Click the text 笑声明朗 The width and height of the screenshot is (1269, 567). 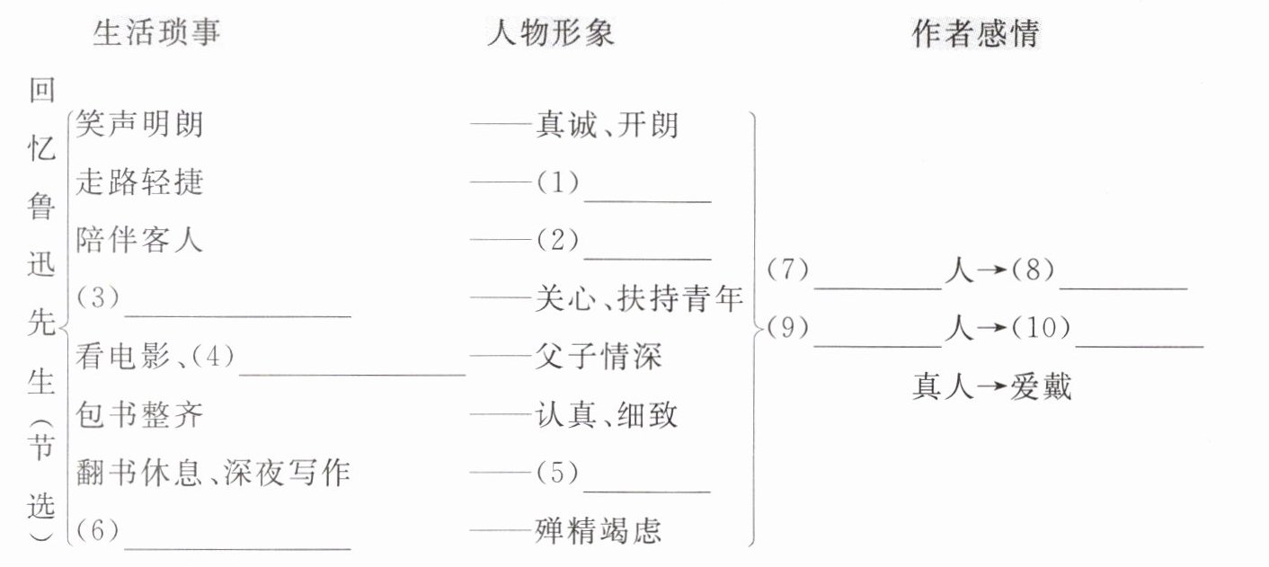pyautogui.click(x=139, y=124)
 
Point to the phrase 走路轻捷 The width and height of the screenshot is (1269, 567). pyautogui.click(x=139, y=182)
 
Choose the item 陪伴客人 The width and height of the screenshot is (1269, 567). pyautogui.click(x=139, y=240)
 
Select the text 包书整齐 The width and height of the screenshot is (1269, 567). pyautogui.click(x=139, y=414)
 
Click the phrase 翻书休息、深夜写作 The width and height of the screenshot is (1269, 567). pyautogui.click(x=212, y=473)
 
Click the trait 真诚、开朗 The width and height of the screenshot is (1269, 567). pyautogui.click(x=607, y=124)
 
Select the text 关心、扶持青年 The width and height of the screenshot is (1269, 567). pyautogui.click(x=638, y=298)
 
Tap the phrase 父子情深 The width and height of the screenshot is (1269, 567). pyautogui.click(x=598, y=357)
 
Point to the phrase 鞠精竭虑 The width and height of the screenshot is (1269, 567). pyautogui.click(x=598, y=530)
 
